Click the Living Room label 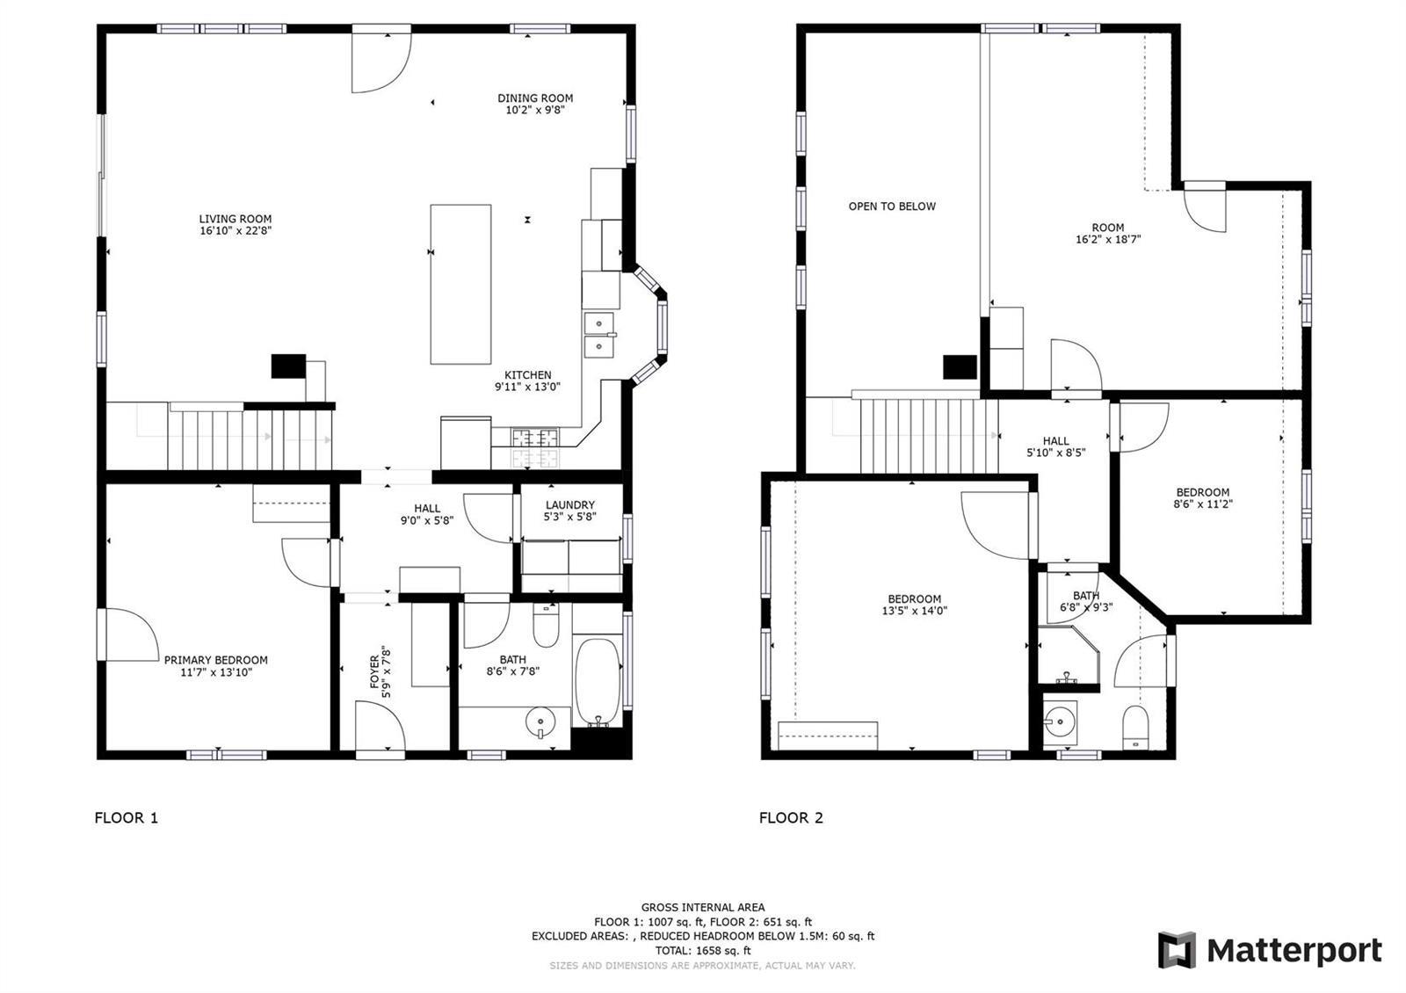pyautogui.click(x=236, y=225)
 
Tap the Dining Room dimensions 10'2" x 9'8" pyautogui.click(x=535, y=110)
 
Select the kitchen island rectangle pyautogui.click(x=460, y=285)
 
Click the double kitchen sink pyautogui.click(x=599, y=335)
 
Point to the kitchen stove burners pyautogui.click(x=535, y=448)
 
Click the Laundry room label pyautogui.click(x=570, y=511)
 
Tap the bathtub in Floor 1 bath pyautogui.click(x=598, y=682)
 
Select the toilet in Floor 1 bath pyautogui.click(x=546, y=626)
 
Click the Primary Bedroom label pyautogui.click(x=216, y=666)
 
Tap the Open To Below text pyautogui.click(x=892, y=207)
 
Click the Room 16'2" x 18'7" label pyautogui.click(x=1108, y=233)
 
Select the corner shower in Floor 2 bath pyautogui.click(x=1069, y=655)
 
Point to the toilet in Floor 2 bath pyautogui.click(x=1134, y=727)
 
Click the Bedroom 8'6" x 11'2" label pyautogui.click(x=1203, y=497)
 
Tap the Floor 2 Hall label pyautogui.click(x=1055, y=446)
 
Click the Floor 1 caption pyautogui.click(x=127, y=818)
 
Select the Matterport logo pyautogui.click(x=1270, y=950)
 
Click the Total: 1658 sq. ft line pyautogui.click(x=703, y=950)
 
